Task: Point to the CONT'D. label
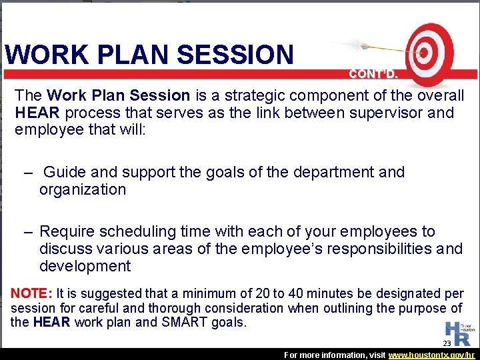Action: (373, 74)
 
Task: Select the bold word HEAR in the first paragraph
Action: (34, 112)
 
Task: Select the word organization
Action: (83, 189)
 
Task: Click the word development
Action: (85, 266)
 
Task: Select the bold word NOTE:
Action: (31, 293)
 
